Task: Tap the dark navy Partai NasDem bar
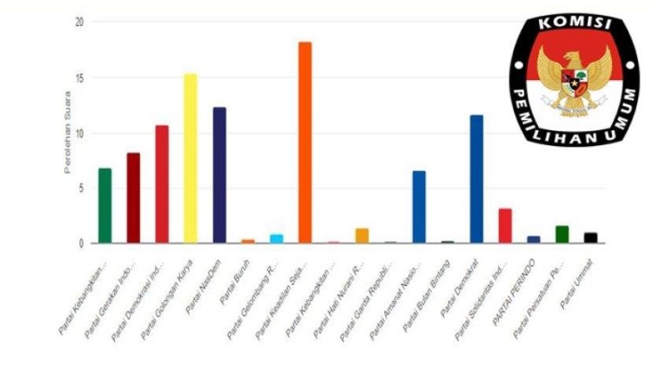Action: (x=219, y=175)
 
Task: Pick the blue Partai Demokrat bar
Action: (x=476, y=179)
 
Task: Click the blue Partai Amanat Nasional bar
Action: (x=419, y=207)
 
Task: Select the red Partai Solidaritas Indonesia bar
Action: (x=505, y=225)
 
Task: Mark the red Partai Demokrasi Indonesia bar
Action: (x=162, y=184)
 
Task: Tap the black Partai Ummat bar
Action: (x=590, y=237)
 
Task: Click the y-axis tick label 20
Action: (x=78, y=22)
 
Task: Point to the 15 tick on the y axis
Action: (x=78, y=77)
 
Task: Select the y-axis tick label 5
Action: (x=81, y=188)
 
